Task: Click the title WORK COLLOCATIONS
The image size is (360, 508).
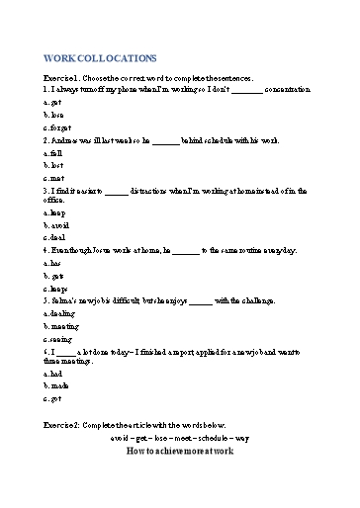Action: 100,58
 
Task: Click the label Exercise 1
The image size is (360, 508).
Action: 65,77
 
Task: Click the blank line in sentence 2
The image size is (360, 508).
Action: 166,141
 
